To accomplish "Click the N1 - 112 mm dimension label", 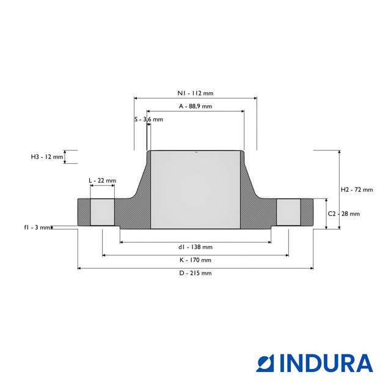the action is [x=195, y=93].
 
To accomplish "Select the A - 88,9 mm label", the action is [x=195, y=106].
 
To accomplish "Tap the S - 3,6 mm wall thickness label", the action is [x=148, y=120].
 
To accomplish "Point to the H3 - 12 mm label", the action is [x=47, y=157].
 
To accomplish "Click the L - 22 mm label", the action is [x=103, y=180].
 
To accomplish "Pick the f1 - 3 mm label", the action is [x=37, y=227].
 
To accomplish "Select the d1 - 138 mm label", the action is [x=195, y=247].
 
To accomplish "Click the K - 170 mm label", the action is [x=195, y=260].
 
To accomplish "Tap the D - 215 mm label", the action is [x=195, y=273].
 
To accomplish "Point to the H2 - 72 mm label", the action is [x=357, y=190].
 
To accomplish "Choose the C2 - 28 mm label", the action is [x=344, y=214].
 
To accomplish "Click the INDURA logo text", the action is [x=327, y=364].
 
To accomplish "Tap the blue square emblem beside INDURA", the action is [x=265, y=364].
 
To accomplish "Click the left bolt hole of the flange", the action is [x=103, y=212].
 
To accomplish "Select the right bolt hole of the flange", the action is [x=288, y=212].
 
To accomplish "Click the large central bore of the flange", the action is [x=195, y=189].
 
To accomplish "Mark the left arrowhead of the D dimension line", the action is [x=79, y=268].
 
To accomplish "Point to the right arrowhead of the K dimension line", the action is [x=287, y=255].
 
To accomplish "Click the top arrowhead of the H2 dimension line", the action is [x=340, y=152].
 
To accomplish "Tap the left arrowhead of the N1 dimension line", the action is [x=136, y=98].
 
